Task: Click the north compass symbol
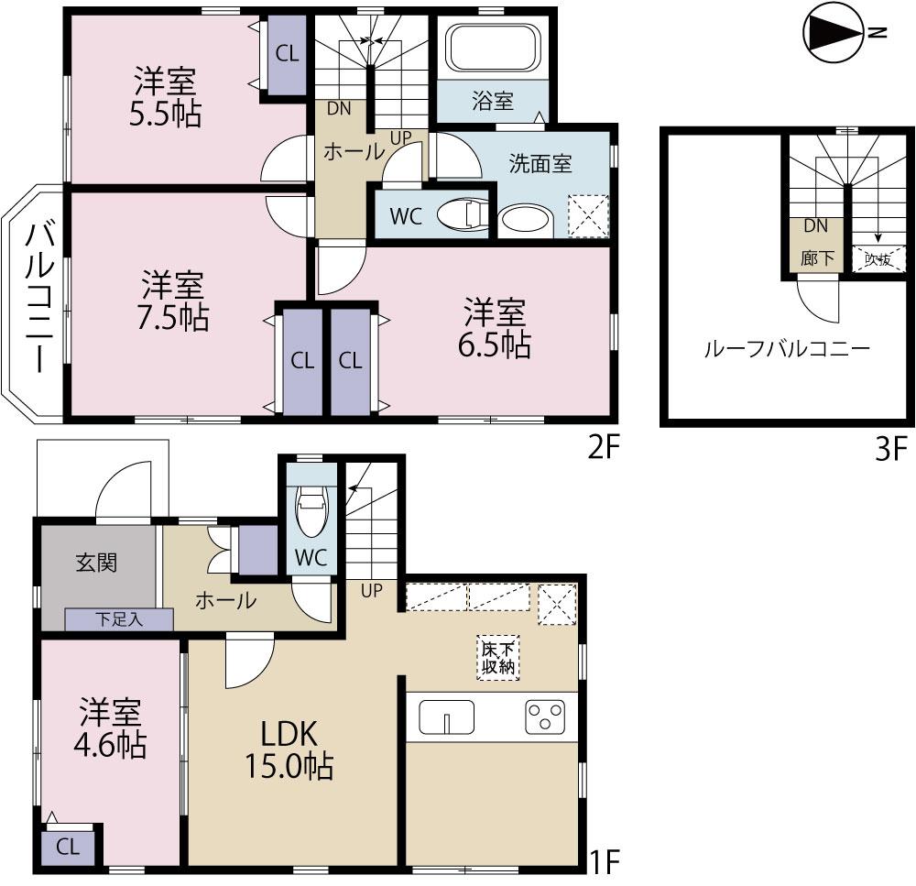click(x=832, y=34)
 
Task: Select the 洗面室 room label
click(x=540, y=164)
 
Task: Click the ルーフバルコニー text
click(x=786, y=348)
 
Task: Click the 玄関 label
click(x=96, y=563)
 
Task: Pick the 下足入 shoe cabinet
click(x=119, y=620)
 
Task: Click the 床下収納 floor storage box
click(x=497, y=657)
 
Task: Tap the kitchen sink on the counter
click(x=446, y=716)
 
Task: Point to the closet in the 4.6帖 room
click(x=69, y=846)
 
